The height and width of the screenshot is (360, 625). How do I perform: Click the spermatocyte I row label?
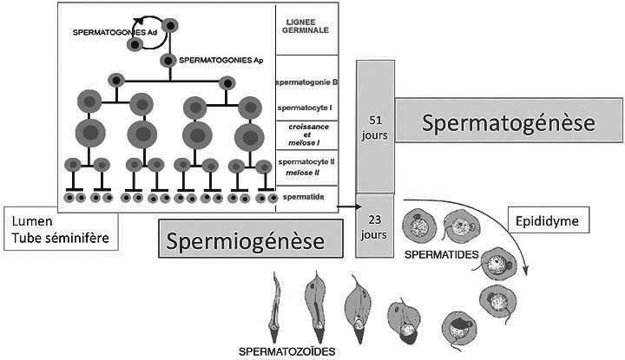point(306,108)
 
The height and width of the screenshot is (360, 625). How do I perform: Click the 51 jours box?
point(376,125)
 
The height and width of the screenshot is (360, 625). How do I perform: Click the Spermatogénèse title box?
point(509,124)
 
